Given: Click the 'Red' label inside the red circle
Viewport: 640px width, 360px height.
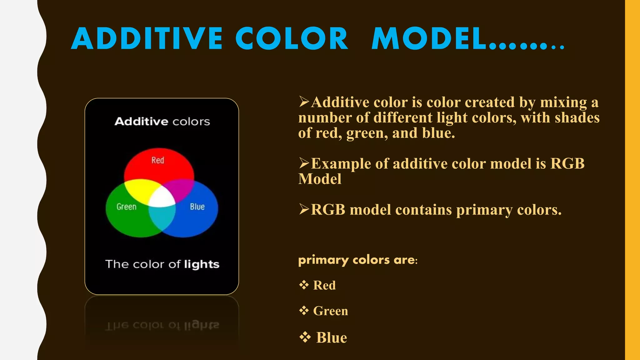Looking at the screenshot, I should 158,160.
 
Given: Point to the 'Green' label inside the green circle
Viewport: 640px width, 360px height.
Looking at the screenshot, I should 127,207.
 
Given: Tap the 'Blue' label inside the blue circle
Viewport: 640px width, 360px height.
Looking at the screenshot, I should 197,207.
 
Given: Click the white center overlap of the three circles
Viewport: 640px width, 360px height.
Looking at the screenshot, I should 162,199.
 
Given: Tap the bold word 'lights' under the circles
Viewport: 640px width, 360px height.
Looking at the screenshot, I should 202,264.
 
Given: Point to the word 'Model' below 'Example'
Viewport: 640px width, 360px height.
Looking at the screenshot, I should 320,179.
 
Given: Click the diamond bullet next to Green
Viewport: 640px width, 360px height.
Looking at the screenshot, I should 304,311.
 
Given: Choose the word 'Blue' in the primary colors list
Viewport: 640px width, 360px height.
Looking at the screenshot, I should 332,338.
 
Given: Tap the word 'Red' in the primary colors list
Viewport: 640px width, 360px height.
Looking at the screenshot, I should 324,285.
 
